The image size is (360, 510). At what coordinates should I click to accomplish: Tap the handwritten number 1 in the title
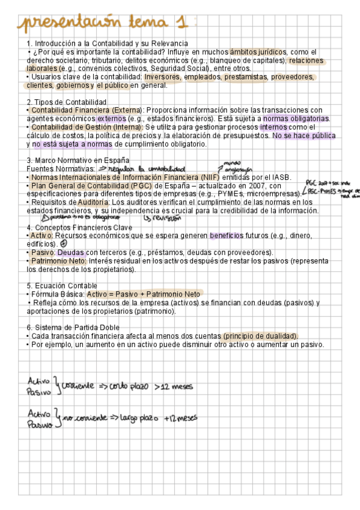tap(178, 23)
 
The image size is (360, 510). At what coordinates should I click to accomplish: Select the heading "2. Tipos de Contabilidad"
tap(67, 102)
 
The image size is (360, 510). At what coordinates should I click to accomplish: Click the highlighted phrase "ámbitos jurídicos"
tap(258, 52)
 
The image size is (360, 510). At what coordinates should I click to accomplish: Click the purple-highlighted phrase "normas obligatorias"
tap(296, 118)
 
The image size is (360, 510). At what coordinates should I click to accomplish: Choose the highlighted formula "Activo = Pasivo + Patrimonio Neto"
tap(144, 294)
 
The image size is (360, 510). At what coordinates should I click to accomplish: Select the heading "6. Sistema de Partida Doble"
tap(73, 327)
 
